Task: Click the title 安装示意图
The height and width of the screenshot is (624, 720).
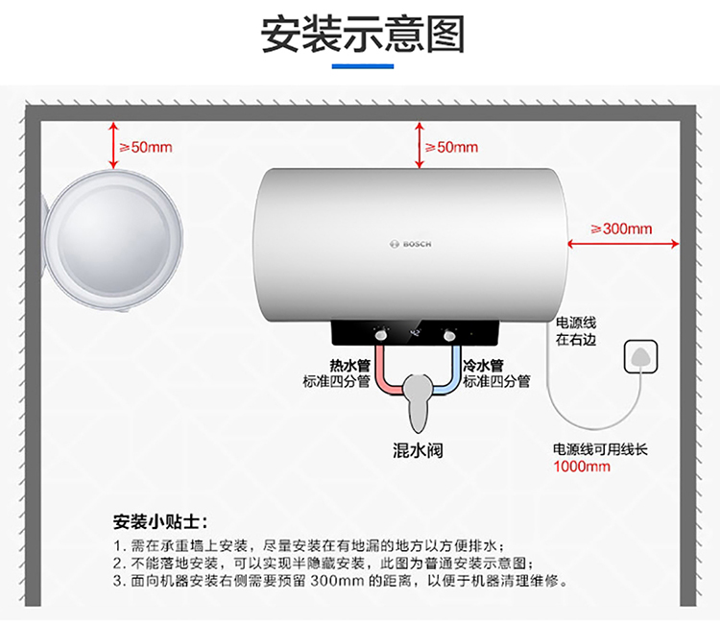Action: [363, 34]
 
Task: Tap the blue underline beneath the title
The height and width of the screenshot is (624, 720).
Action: [363, 66]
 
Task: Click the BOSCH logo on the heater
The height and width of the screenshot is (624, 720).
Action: [411, 244]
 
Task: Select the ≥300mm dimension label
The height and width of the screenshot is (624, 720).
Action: [621, 228]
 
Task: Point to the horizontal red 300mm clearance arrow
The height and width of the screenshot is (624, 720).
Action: [623, 244]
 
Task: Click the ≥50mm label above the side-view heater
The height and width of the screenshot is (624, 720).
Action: [146, 148]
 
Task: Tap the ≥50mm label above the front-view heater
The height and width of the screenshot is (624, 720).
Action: [451, 148]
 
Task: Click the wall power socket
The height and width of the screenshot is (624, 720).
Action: [641, 356]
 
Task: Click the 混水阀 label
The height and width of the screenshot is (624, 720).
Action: [418, 450]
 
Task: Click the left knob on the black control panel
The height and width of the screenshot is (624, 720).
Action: [381, 336]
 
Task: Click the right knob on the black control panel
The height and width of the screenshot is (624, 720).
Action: [449, 336]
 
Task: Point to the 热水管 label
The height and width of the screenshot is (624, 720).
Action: [349, 366]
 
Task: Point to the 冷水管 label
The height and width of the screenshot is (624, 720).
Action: [484, 366]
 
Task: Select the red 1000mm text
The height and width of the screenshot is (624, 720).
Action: [582, 467]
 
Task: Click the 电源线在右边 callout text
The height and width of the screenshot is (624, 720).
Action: [576, 331]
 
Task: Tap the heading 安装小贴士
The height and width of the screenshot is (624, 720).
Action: [160, 522]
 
